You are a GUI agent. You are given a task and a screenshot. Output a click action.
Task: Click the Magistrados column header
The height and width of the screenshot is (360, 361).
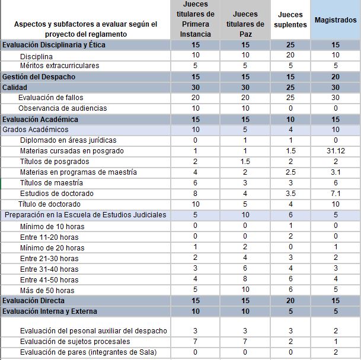tap(336, 20)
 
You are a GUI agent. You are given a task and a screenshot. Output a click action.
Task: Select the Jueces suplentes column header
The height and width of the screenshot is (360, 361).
tap(290, 20)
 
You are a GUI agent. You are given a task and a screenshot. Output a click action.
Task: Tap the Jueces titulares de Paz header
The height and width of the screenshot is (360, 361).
tap(245, 20)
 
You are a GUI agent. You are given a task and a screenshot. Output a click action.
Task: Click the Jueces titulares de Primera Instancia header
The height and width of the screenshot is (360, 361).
tap(196, 20)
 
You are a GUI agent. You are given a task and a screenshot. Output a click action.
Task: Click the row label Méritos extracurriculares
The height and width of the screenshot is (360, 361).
tap(59, 66)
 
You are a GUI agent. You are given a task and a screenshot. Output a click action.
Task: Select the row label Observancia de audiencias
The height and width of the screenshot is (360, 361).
tap(63, 108)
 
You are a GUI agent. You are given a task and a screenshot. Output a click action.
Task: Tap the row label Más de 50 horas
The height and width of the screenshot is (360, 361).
tap(47, 290)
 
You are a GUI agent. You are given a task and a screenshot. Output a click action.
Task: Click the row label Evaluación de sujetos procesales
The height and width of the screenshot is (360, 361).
tap(75, 342)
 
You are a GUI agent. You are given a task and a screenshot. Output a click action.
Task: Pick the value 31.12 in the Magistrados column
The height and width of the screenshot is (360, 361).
tap(336, 151)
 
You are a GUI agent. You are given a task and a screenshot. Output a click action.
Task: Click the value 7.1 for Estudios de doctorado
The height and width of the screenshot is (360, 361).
tap(336, 194)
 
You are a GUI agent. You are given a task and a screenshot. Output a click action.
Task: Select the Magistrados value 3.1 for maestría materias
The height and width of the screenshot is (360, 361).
tap(336, 172)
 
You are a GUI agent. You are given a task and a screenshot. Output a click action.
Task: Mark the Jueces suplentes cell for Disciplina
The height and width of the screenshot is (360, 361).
tap(290, 55)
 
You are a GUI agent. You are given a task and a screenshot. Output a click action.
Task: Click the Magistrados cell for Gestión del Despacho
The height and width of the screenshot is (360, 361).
tap(336, 76)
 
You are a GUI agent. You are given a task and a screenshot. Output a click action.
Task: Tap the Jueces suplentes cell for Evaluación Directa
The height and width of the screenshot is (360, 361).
tap(290, 301)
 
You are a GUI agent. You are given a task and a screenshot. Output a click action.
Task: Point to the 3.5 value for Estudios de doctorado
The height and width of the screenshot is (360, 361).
tap(290, 194)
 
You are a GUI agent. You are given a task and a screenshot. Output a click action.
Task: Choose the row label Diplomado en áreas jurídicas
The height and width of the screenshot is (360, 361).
tap(68, 140)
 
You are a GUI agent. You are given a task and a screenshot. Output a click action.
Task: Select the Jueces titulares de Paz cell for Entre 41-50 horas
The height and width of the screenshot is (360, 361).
tap(245, 279)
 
